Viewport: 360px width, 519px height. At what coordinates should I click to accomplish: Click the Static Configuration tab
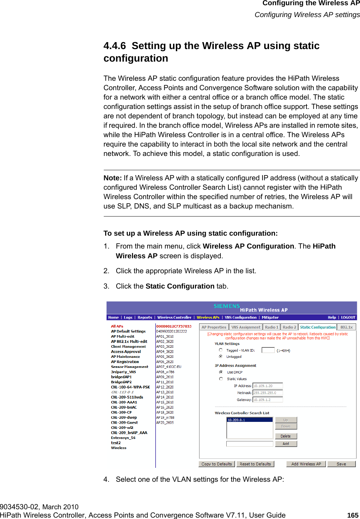coord(318,327)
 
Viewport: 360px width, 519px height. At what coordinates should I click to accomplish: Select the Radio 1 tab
coord(272,327)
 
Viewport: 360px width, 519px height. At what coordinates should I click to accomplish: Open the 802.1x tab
coord(346,327)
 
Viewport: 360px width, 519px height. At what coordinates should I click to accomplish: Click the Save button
coord(341,464)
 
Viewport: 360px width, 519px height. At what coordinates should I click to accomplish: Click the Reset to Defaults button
coord(255,464)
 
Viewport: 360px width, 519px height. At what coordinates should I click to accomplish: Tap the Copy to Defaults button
coord(216,464)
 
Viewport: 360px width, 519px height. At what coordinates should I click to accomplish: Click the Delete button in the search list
coord(285,436)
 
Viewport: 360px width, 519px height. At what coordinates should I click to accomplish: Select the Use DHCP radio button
coord(221,372)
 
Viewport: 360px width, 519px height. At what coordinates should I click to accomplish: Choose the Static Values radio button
coord(221,379)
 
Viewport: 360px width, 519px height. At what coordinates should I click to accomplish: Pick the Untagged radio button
coord(221,356)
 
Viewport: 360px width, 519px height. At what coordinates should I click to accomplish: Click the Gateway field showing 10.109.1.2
coord(267,400)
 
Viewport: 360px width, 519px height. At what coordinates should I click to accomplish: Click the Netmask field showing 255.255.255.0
coord(267,393)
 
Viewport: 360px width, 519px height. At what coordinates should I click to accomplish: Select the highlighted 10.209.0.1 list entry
coord(249,420)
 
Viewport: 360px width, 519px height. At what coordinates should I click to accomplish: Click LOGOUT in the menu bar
coord(348,317)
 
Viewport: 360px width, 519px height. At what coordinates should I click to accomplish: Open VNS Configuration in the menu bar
coord(241,317)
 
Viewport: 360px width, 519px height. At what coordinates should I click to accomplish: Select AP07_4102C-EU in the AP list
coord(169,367)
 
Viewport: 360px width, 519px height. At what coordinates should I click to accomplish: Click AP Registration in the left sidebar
coord(125,362)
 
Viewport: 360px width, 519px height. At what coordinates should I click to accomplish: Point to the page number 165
coord(353,515)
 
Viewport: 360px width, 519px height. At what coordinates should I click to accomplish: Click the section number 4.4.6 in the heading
coord(115,46)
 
